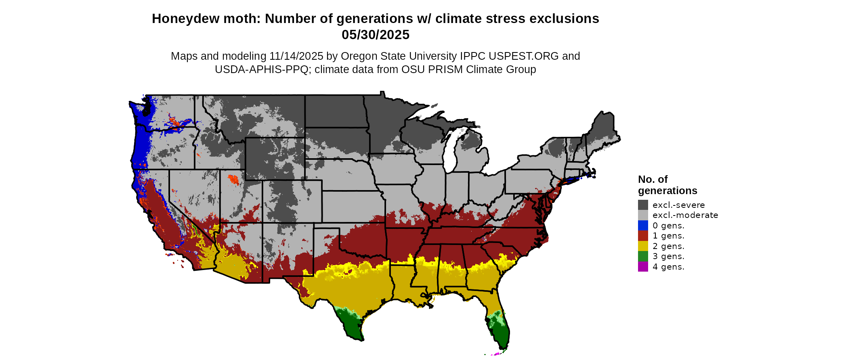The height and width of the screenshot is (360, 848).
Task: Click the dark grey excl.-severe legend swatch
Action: point(643,205)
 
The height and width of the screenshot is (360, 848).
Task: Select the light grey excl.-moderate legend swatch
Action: point(643,215)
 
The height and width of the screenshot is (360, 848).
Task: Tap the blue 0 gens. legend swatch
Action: point(643,226)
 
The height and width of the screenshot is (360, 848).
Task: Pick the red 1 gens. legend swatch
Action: point(643,236)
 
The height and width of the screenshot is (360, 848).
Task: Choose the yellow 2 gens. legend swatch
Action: point(643,246)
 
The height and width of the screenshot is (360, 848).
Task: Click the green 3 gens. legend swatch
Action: point(643,256)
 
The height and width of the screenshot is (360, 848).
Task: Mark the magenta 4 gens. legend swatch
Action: point(643,267)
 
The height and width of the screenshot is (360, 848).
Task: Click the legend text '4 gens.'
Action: point(668,267)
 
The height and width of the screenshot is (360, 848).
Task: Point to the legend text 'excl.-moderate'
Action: point(685,215)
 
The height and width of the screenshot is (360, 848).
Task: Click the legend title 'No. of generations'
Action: point(667,185)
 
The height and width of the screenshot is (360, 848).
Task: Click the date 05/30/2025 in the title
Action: point(376,35)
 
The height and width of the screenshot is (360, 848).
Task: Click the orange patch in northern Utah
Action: point(233,179)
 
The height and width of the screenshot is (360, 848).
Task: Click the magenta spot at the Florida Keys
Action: point(496,354)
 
